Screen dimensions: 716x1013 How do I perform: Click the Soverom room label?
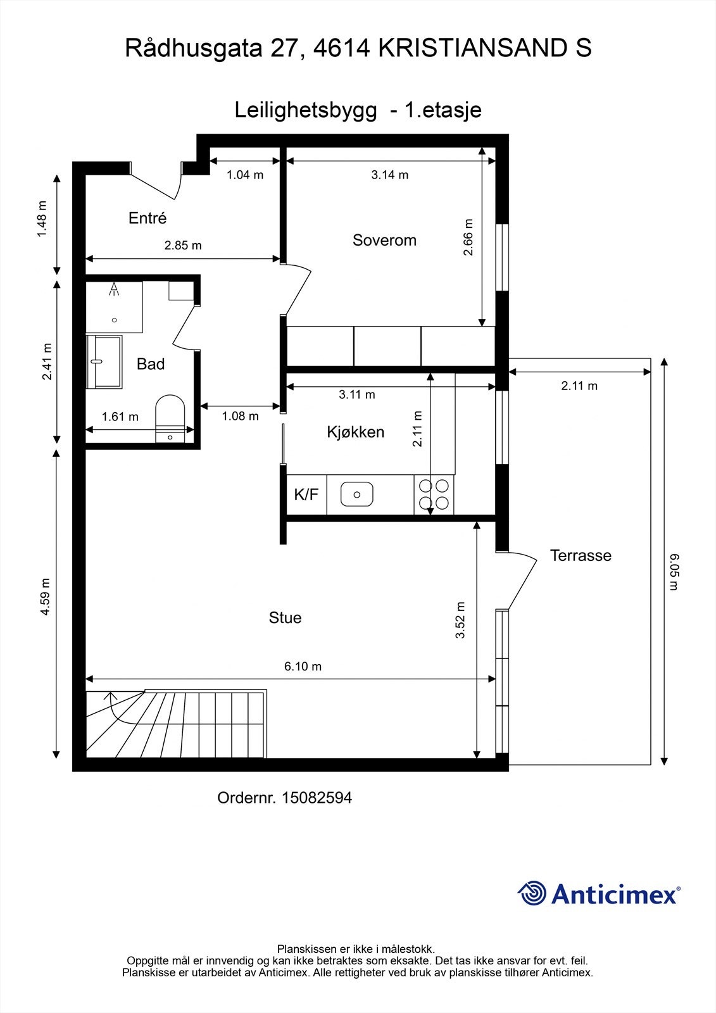coord(384,240)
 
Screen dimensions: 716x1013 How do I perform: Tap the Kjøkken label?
coord(356,432)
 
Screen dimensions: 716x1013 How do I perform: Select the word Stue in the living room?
coord(285,618)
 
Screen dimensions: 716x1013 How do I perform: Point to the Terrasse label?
coord(581,555)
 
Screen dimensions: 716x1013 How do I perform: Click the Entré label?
coord(148,218)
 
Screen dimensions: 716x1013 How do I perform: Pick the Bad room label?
coord(151,364)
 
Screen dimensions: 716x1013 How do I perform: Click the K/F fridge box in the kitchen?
coord(306,494)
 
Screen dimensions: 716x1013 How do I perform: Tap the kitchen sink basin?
coord(357,494)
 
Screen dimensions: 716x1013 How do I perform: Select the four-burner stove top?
coord(434,494)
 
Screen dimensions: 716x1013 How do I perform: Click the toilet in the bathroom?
coord(170,418)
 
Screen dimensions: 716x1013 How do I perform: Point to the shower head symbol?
coord(115,289)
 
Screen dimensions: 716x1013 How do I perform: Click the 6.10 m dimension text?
coord(303,666)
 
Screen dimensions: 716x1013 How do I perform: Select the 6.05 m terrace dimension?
coord(674,572)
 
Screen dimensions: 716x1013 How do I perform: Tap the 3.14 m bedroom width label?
coord(390,175)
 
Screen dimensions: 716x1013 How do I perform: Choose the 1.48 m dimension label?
coord(42,219)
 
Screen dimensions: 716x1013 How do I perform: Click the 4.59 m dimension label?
coord(45,596)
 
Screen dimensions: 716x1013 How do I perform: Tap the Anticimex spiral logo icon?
coord(531,893)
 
